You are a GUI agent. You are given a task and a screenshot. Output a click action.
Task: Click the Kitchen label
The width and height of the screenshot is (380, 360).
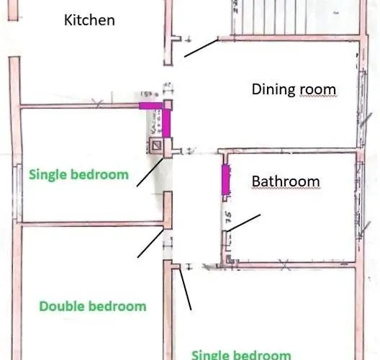click(x=89, y=19)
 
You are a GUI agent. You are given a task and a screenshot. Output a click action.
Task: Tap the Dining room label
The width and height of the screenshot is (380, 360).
click(x=294, y=89)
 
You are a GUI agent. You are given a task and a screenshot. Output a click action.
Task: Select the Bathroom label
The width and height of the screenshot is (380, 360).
click(x=286, y=181)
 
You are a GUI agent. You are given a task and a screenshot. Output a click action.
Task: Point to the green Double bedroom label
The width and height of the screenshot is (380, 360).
click(x=93, y=306)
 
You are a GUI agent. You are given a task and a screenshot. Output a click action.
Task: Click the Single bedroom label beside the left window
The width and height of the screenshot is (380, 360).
click(x=78, y=174)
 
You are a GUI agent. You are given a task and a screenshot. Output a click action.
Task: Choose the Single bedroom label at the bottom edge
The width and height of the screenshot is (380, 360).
click(x=240, y=354)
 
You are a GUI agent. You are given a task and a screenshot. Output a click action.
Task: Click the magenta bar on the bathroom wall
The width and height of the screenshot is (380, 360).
click(x=225, y=179)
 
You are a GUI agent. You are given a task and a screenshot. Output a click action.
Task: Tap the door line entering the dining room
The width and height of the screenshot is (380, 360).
click(x=199, y=48)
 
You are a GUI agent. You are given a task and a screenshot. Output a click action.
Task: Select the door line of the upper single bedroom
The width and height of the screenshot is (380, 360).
click(x=149, y=172)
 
